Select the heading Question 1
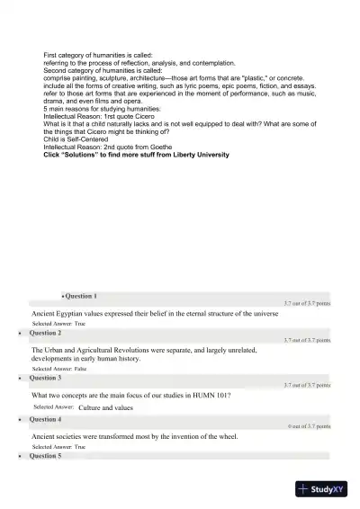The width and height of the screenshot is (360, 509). [81, 296]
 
